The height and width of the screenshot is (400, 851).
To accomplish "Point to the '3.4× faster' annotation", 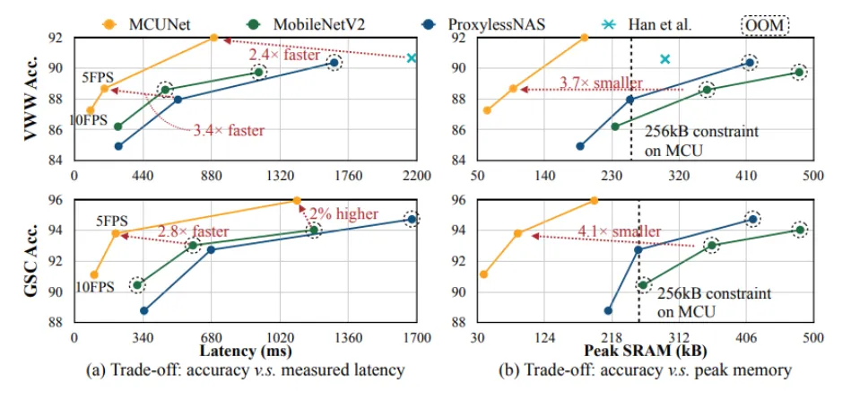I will (229, 131).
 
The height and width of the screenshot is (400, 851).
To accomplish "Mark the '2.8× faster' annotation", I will (193, 230).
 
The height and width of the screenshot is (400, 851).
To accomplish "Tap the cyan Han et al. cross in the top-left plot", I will (412, 58).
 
